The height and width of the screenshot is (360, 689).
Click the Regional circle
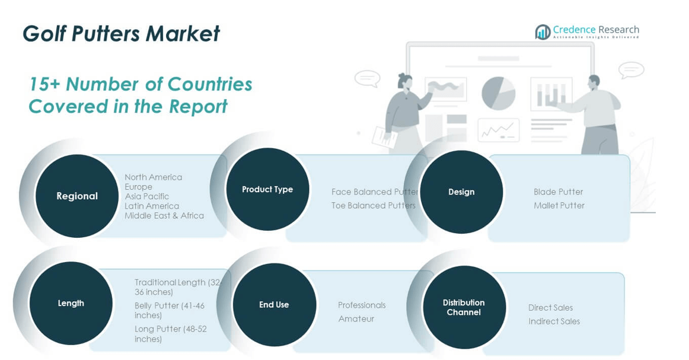click(77, 196)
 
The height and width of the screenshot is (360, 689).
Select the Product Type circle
click(267, 189)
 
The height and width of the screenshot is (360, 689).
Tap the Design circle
click(461, 192)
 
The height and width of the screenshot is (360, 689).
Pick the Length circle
click(71, 303)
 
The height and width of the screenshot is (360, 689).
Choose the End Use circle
click(274, 305)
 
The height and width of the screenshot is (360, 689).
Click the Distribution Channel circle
click(464, 307)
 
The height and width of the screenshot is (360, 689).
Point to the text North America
click(154, 177)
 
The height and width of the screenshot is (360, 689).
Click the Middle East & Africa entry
click(164, 215)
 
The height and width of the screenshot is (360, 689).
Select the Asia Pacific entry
click(147, 196)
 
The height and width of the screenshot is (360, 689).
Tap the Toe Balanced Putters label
click(374, 205)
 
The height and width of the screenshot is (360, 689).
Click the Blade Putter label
click(559, 192)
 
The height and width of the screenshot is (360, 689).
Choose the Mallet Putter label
click(559, 205)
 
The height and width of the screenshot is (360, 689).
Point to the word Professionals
click(362, 305)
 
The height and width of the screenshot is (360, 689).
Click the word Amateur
click(356, 318)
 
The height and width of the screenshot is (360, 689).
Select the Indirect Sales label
click(554, 321)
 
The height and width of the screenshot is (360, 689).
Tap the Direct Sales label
click(551, 308)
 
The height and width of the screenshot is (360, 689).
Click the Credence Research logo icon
click(543, 32)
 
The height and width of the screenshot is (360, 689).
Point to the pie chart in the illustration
click(498, 93)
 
